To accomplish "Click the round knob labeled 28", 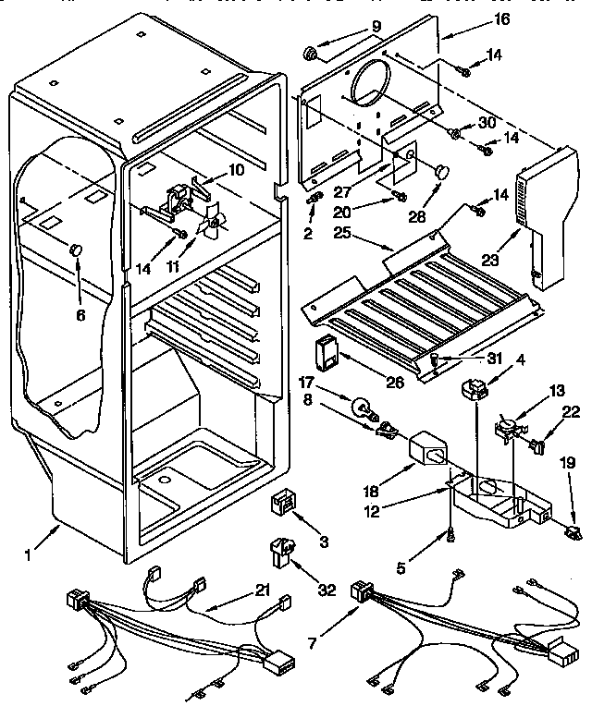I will tap(440, 171).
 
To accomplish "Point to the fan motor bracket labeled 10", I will tap(177, 201).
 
